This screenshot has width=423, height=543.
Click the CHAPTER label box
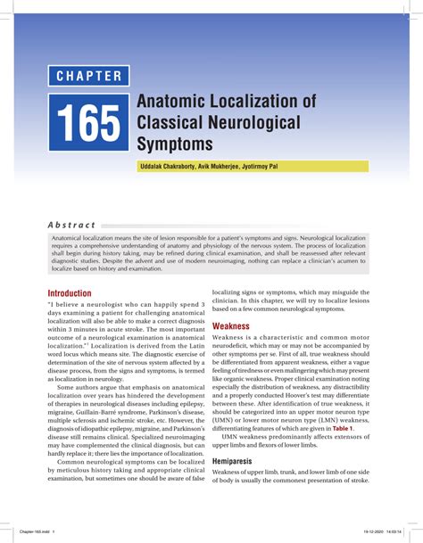(89, 76)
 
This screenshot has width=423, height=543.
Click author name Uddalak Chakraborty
(170, 168)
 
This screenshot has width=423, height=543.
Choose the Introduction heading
(69, 293)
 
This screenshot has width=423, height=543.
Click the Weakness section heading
(230, 327)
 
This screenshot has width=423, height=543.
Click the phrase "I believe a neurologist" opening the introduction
(89, 305)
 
